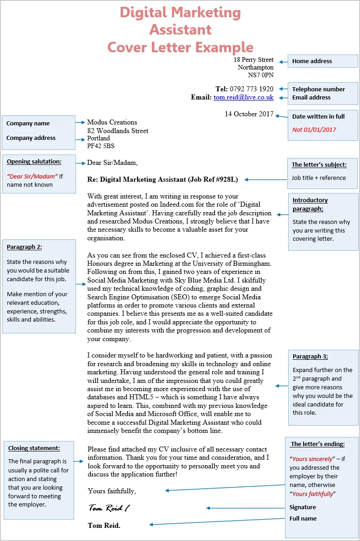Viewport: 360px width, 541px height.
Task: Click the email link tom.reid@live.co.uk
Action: click(x=244, y=97)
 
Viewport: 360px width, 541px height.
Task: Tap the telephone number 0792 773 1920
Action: click(x=252, y=89)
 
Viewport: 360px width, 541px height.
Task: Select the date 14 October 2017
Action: click(x=249, y=114)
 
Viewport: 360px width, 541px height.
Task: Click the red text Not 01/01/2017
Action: click(x=314, y=129)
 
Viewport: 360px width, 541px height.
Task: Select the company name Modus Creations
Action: click(x=112, y=122)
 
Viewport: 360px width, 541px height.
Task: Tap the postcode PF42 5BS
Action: click(x=100, y=146)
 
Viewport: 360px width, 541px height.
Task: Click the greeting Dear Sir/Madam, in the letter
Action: click(x=112, y=162)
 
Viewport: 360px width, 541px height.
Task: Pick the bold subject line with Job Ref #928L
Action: click(x=162, y=179)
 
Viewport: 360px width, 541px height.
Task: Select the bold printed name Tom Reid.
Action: click(x=104, y=526)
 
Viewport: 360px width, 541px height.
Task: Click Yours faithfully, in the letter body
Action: click(x=112, y=491)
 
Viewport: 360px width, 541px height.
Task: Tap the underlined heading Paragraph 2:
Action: click(x=24, y=247)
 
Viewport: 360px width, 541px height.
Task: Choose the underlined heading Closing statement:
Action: click(x=34, y=448)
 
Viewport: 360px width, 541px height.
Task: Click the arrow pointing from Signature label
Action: click(x=245, y=508)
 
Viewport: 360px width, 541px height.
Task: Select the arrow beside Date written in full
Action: click(x=281, y=115)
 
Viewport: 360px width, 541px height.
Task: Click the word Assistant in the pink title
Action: click(x=180, y=30)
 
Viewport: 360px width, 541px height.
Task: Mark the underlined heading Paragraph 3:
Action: click(x=310, y=357)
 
